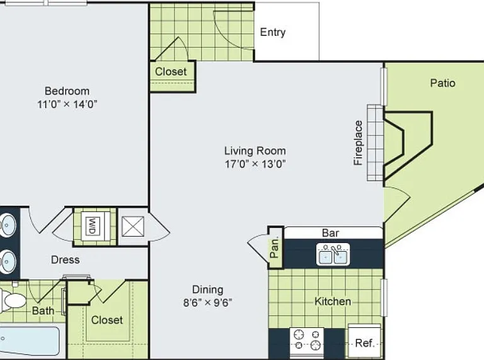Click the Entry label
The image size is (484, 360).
coord(272,32)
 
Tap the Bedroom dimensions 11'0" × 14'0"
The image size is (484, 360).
coord(67,104)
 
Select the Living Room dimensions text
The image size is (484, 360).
coord(255,164)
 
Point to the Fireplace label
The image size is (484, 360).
coord(358,143)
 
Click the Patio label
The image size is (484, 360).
coord(442,83)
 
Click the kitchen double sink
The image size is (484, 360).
coord(333,254)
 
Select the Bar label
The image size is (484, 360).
coord(330,233)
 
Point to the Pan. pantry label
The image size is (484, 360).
coord(274,247)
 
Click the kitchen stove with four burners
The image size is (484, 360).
coord(307,340)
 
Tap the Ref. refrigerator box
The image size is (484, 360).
coord(364,340)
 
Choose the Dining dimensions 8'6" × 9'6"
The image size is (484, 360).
coord(208,303)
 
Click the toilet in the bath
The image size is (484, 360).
coord(13,300)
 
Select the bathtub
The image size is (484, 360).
coord(30,341)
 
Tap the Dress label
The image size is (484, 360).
coord(65,260)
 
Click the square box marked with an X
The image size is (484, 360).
coord(133,227)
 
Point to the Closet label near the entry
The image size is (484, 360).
coord(171,72)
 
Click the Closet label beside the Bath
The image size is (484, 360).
coord(107,320)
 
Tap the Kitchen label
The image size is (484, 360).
coord(333,301)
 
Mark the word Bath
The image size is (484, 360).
coord(43,311)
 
